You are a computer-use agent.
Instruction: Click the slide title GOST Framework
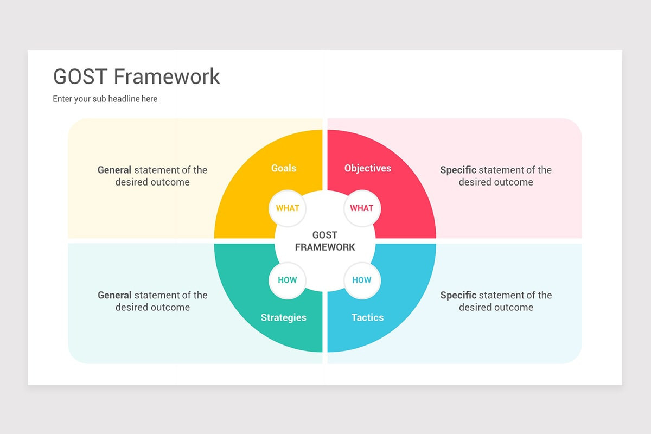point(136,76)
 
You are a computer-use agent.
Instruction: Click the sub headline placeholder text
point(105,99)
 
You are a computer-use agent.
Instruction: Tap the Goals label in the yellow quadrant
point(284,168)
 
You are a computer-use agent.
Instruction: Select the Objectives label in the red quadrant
point(367,168)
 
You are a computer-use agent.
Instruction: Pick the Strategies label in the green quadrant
point(283,317)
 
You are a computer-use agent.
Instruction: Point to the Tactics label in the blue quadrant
point(367,317)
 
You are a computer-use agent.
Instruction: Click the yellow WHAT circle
point(288,208)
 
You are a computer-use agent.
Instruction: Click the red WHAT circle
point(362,208)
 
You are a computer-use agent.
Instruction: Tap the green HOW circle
point(288,280)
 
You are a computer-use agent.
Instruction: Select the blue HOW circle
point(362,280)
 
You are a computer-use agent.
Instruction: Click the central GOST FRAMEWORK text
point(325,241)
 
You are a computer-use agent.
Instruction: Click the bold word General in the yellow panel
point(114,170)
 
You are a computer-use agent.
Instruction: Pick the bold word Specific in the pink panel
point(458,170)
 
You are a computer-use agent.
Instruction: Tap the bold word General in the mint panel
point(114,295)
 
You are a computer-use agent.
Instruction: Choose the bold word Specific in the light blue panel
point(458,295)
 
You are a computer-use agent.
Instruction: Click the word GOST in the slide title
point(80,76)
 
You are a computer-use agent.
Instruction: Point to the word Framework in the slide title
point(167,76)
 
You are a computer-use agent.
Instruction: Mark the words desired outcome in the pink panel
point(496,182)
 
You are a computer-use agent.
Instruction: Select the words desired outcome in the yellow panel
point(152,182)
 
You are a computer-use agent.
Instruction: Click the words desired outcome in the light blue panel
point(496,308)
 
